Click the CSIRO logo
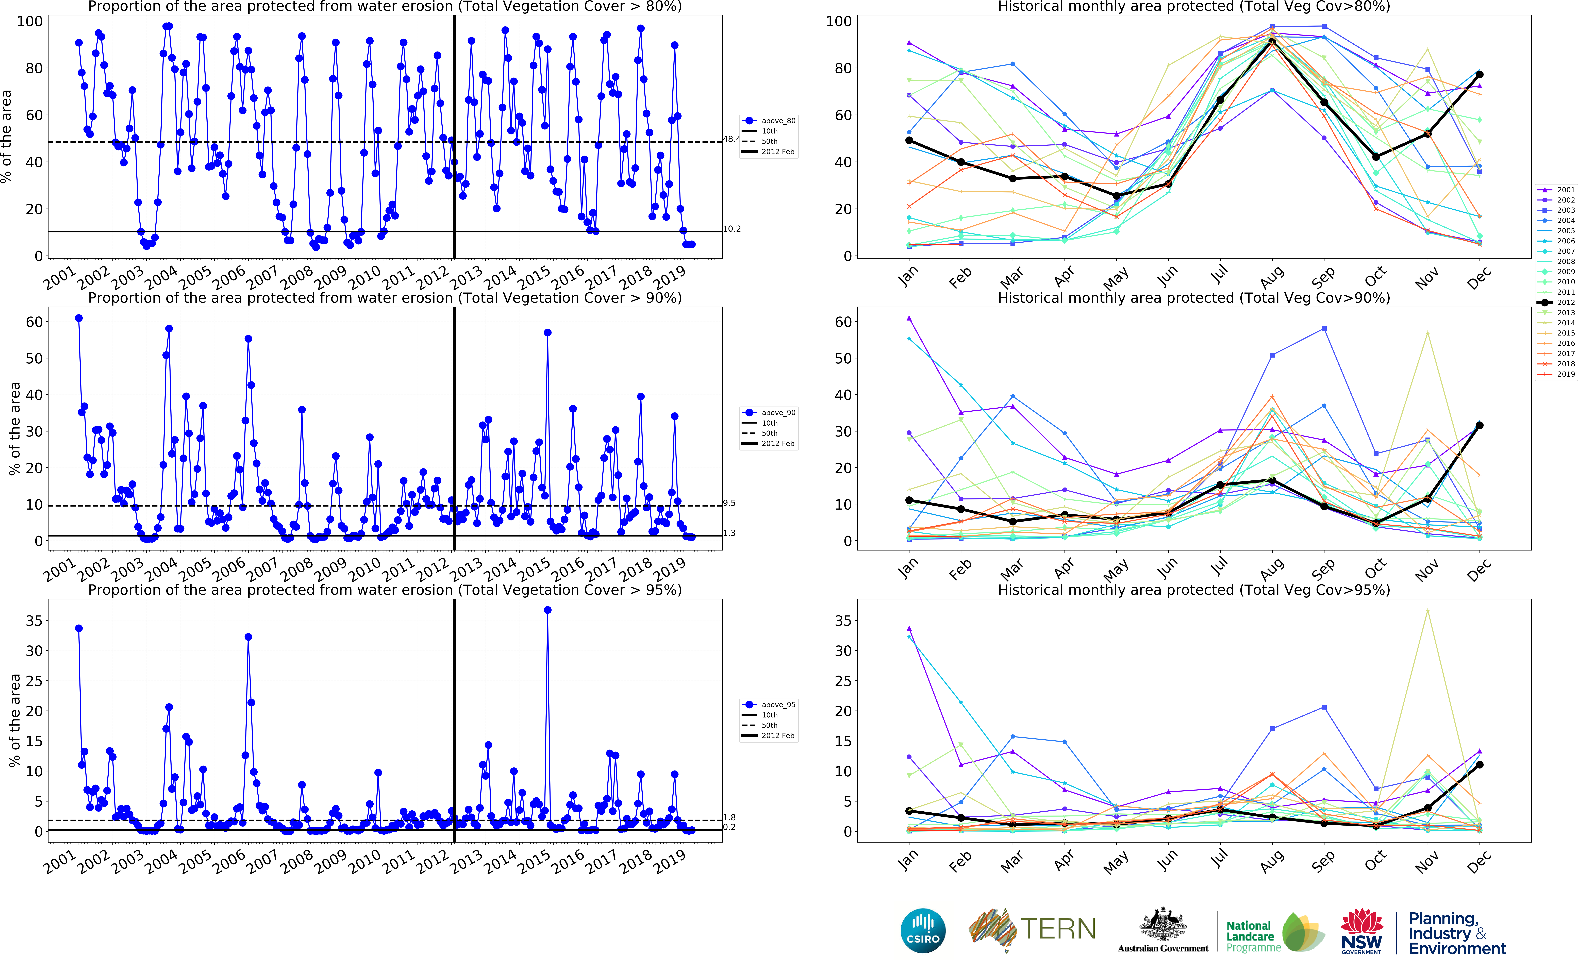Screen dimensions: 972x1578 [x=923, y=930]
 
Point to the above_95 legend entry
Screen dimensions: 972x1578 [x=778, y=705]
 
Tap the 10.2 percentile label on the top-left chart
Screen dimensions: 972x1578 [x=732, y=229]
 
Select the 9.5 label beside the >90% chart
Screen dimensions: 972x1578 [x=729, y=503]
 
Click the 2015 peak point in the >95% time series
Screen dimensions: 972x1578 [x=547, y=610]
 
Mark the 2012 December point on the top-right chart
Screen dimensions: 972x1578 [x=1479, y=75]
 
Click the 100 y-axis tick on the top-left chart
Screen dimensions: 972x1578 [x=30, y=21]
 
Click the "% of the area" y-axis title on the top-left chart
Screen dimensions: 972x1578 [x=6, y=136]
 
